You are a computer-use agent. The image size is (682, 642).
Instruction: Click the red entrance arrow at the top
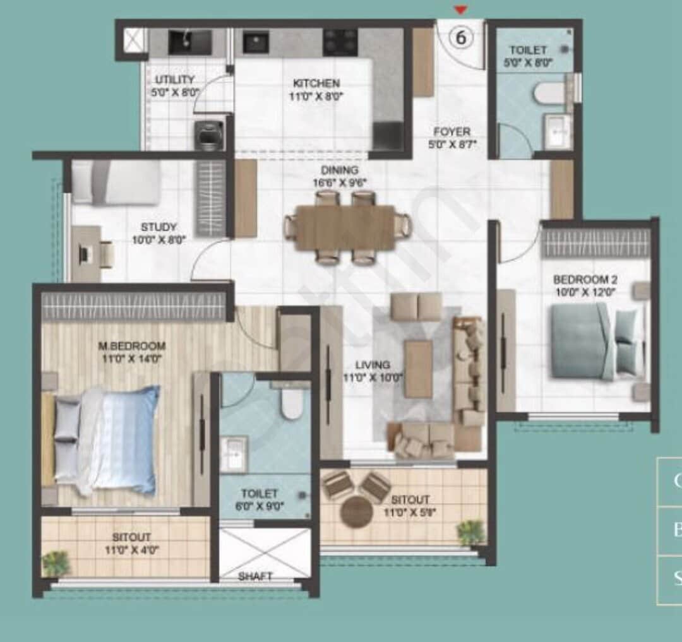point(462,9)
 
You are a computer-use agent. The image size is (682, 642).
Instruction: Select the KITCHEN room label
point(316,83)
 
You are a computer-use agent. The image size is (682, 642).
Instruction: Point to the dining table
point(346,226)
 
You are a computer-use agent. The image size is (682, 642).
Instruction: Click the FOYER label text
point(452,132)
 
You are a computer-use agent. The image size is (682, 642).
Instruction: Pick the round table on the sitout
point(356,511)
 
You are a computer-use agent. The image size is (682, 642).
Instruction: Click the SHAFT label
point(255,576)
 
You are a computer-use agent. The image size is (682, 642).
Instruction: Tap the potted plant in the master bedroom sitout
point(57,562)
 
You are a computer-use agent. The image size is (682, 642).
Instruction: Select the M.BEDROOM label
point(132,346)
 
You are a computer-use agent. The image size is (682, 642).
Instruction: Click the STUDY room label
point(159,227)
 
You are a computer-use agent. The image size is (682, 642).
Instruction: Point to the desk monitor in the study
point(85,254)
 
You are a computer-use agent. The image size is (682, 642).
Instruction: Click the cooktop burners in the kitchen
point(340,41)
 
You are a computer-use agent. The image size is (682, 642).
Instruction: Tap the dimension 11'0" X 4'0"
point(131,550)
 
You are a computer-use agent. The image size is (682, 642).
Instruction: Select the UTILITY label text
point(175,80)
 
